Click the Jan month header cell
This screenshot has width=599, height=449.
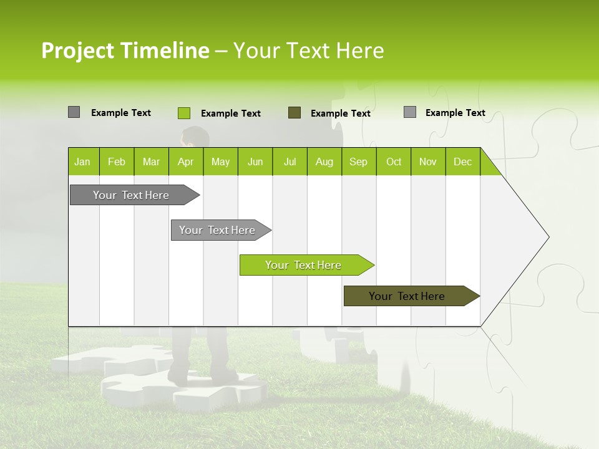[x=83, y=162]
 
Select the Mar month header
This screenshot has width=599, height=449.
[x=151, y=162]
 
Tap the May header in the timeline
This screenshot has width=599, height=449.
[x=220, y=162]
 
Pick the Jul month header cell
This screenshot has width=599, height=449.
[x=290, y=162]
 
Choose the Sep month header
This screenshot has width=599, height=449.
[x=359, y=162]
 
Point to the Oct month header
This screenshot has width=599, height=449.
[x=394, y=162]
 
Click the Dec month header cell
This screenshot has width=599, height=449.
[x=462, y=162]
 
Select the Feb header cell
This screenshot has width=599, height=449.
[x=117, y=162]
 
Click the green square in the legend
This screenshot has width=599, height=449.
[x=183, y=113]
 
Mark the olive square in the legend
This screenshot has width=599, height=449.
[x=295, y=113]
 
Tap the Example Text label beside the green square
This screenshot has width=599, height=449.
[x=231, y=113]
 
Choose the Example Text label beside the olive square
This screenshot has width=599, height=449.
[x=341, y=113]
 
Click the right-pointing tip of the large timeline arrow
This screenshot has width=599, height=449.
[x=546, y=237]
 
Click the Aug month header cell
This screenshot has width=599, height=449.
[x=324, y=162]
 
